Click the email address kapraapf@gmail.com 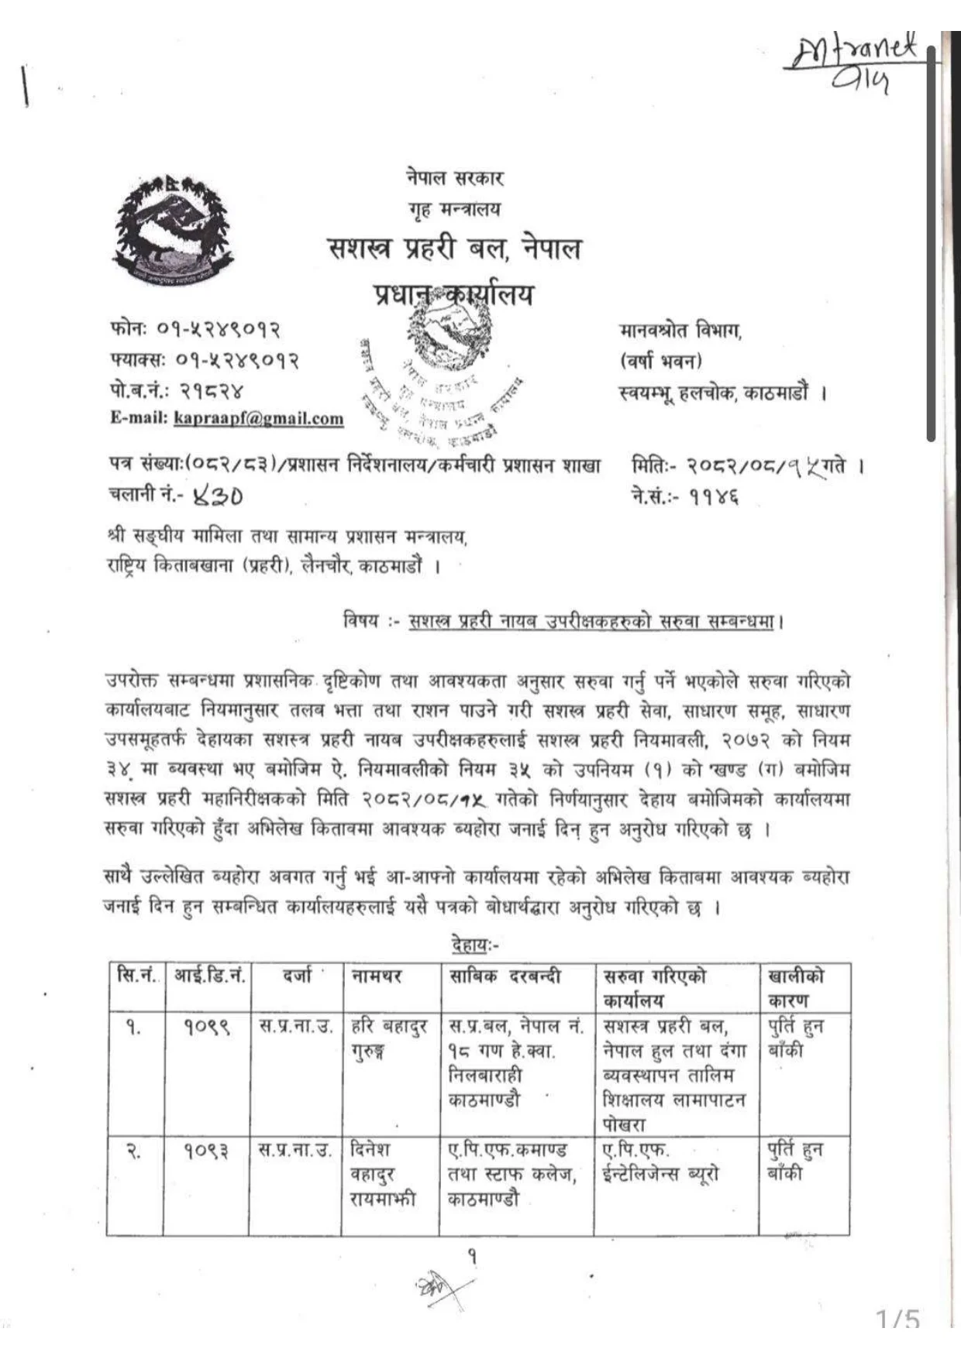pos(259,418)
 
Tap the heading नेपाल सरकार pos(455,178)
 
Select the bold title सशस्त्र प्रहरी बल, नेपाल pos(455,249)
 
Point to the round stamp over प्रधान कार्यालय pos(442,372)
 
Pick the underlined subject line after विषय pos(591,621)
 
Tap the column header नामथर pos(377,976)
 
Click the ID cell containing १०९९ pos(207,1028)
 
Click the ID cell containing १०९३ pos(207,1151)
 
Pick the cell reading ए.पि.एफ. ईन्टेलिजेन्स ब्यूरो pos(660,1162)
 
